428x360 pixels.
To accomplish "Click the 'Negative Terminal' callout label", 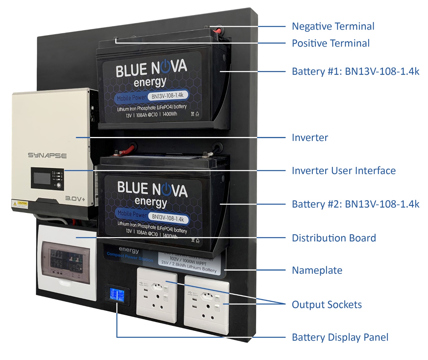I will [333, 26].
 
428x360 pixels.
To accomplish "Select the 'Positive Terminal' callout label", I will [331, 43].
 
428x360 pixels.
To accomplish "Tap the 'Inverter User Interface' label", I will [343, 171].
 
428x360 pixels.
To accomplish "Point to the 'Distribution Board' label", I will [334, 238].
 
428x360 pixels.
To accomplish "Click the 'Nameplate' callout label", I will [317, 270].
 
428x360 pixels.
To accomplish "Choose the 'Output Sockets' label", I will [327, 305].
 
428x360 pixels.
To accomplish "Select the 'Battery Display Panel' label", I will [340, 337].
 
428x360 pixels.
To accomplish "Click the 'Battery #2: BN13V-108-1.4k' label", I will [355, 204].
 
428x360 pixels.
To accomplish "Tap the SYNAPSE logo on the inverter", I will [47, 155].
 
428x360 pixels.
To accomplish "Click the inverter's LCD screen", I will [42, 178].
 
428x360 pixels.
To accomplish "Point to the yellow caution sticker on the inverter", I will [20, 204].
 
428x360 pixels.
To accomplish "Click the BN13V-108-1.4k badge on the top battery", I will [167, 96].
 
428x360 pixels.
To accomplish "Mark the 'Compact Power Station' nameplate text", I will [130, 256].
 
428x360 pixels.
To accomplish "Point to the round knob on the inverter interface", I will [59, 185].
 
